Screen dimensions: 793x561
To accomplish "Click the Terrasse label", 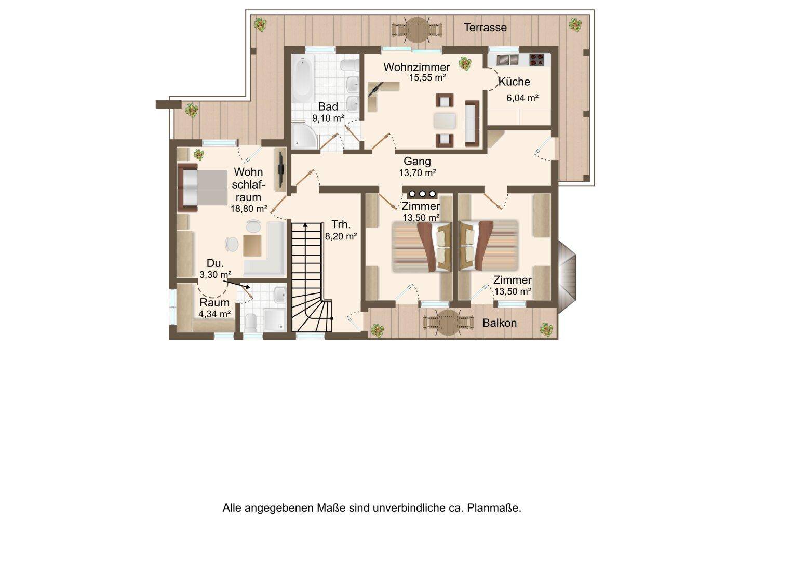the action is click(485, 27).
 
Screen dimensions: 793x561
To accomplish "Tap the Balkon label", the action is click(500, 323).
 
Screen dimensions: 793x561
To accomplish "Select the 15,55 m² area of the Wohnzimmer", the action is click(427, 77).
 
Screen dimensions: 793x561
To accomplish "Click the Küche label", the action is click(514, 82).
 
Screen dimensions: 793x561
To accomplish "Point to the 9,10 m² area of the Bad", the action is click(328, 118).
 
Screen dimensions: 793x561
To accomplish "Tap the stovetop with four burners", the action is click(536, 59).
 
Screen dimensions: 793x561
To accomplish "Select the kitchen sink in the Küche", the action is click(507, 60).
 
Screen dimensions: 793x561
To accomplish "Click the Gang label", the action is click(417, 161).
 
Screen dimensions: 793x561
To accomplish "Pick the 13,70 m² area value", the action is click(418, 173).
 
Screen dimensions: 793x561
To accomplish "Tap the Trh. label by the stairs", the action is click(341, 224).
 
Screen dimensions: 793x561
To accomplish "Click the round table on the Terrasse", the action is click(417, 30).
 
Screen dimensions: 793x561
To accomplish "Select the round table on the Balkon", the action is click(449, 323).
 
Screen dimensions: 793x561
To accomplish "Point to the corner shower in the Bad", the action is click(304, 136).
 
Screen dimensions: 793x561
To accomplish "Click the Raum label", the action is click(214, 303).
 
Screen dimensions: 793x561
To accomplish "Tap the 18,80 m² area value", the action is click(249, 209).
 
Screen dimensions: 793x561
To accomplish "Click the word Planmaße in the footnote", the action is click(494, 508).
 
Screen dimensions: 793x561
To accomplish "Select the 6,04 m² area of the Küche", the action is click(522, 98).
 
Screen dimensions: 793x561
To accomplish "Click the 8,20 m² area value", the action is click(341, 236).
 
